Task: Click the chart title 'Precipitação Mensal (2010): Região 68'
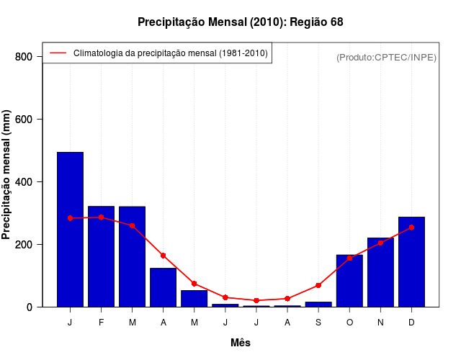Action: coord(241,22)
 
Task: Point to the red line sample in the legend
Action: coord(58,53)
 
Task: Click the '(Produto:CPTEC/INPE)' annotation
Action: coord(386,57)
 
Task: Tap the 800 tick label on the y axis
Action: coord(23,57)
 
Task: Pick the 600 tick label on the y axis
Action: coord(23,120)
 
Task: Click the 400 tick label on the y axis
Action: coord(23,182)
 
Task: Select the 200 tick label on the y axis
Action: coord(23,245)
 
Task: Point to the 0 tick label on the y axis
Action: coord(30,307)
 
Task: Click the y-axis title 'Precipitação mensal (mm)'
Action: coord(7,180)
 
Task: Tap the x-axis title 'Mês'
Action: coord(241,343)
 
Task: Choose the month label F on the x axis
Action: coord(102,323)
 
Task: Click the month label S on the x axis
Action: coord(318,323)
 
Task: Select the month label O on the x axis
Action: coord(349,323)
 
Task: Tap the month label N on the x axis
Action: coord(380,323)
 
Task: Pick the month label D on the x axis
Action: coord(411,323)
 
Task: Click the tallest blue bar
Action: coord(70,230)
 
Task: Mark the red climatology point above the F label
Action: coord(102,217)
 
